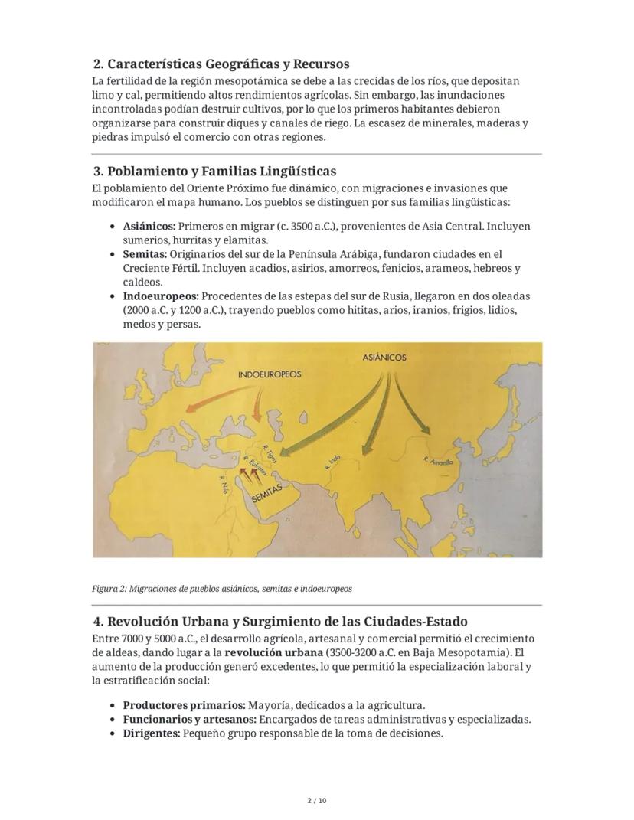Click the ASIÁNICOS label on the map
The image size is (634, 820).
click(x=384, y=357)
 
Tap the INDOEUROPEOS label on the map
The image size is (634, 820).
click(x=270, y=374)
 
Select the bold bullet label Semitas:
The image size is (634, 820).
click(x=145, y=254)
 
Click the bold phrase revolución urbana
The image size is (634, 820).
click(x=273, y=653)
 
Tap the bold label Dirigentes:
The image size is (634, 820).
click(x=152, y=733)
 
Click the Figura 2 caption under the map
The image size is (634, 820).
click(x=222, y=589)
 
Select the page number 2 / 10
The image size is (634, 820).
click(x=316, y=801)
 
